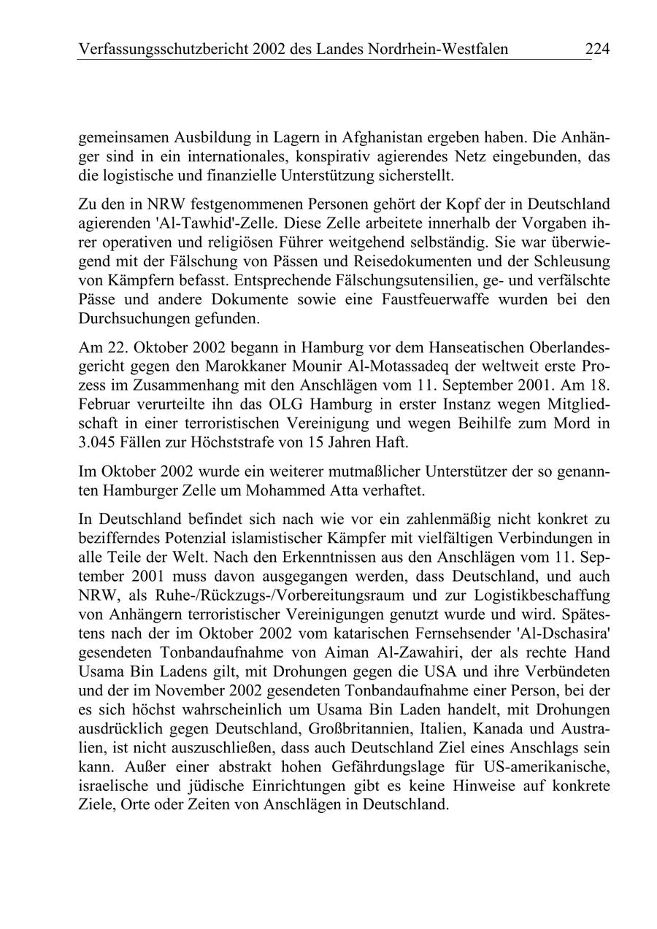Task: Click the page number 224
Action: pos(596,49)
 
